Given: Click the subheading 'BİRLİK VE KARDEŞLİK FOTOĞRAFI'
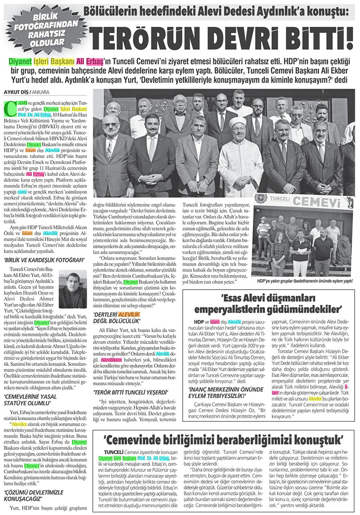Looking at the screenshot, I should tap(34, 260).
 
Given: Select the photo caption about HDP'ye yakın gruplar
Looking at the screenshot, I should tap(305, 280).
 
